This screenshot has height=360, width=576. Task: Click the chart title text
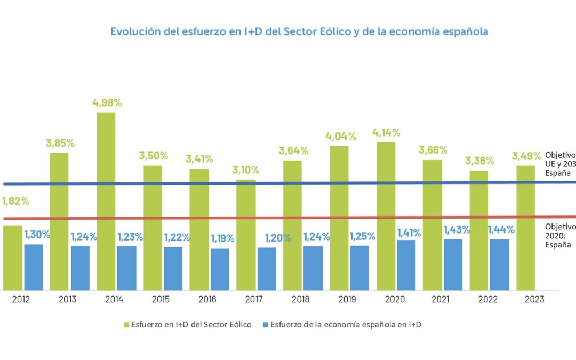click(x=299, y=31)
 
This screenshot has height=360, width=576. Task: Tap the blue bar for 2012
click(x=33, y=267)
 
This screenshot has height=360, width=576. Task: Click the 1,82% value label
click(x=15, y=202)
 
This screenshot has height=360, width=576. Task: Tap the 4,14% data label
click(x=386, y=133)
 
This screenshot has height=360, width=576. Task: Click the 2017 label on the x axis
click(x=254, y=299)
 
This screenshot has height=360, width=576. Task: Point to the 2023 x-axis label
click(x=534, y=299)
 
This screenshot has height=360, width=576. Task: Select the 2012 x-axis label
click(x=21, y=299)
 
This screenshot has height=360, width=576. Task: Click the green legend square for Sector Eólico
click(x=126, y=325)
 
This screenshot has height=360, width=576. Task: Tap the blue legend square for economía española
click(x=266, y=325)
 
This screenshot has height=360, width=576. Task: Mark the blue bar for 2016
click(x=220, y=269)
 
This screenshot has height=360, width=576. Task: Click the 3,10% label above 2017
click(x=246, y=170)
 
